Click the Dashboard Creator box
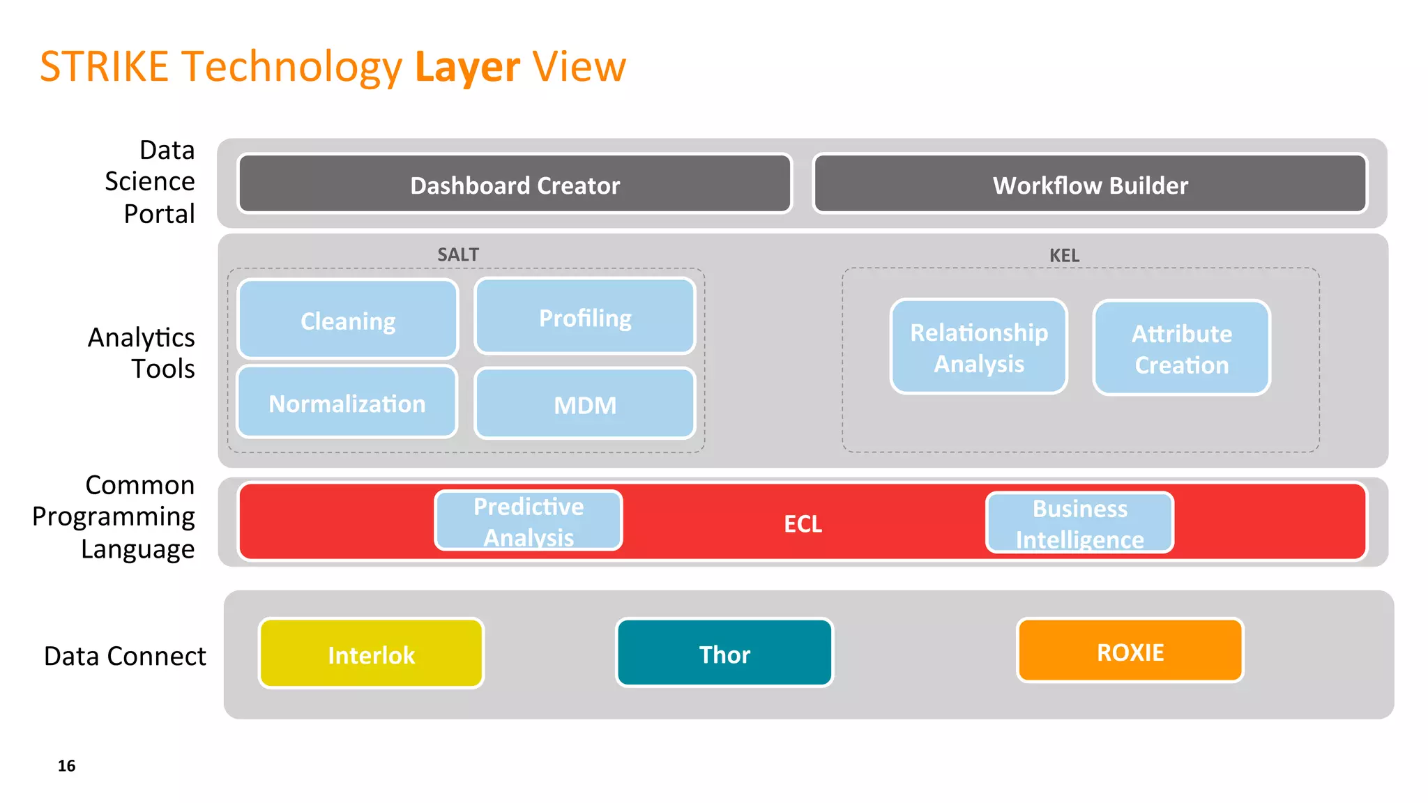click(x=515, y=184)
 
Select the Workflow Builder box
click(x=1090, y=184)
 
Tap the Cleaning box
click(x=347, y=319)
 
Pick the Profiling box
click(x=584, y=317)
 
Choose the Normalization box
click(x=347, y=403)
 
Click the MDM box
click(x=584, y=404)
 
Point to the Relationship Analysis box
click(x=978, y=347)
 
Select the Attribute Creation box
click(x=1181, y=349)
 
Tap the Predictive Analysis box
click(x=528, y=521)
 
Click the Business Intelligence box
click(x=1079, y=523)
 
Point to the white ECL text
click(x=803, y=523)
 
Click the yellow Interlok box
click(x=371, y=654)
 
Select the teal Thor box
click(x=724, y=653)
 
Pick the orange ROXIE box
click(x=1130, y=651)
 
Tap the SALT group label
click(x=457, y=254)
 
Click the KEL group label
click(x=1064, y=255)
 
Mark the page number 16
click(x=66, y=765)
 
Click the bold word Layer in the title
click(x=467, y=67)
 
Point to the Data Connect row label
click(x=125, y=656)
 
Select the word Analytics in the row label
click(x=141, y=337)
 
